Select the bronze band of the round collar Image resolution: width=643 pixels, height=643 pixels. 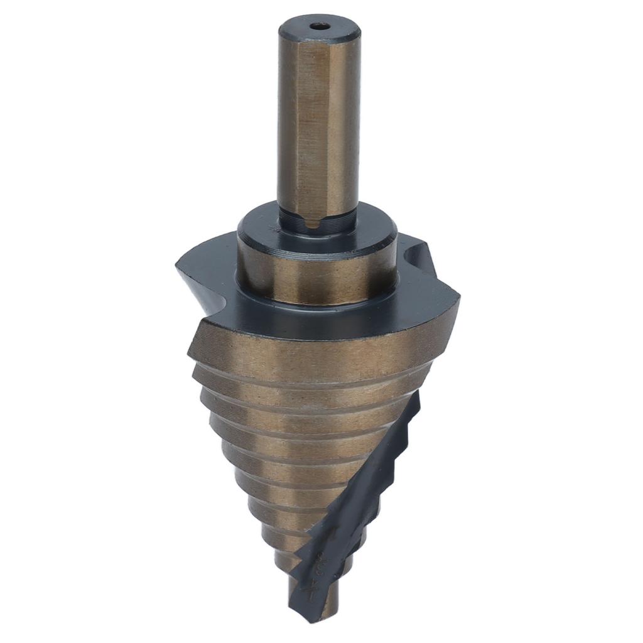[x=317, y=276]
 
